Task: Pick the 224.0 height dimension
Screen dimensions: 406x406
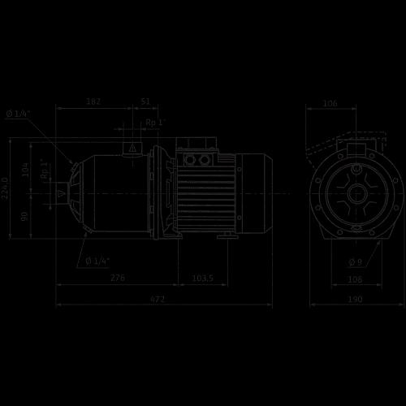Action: [x=6, y=191]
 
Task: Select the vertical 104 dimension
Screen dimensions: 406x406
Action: [x=25, y=169]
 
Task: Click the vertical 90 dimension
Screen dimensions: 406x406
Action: [x=25, y=216]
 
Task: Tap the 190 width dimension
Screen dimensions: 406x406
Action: [x=354, y=300]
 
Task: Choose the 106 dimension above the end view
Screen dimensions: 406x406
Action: [x=330, y=103]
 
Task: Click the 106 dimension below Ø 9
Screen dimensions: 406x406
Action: [x=354, y=279]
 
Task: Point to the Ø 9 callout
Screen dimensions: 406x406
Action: [x=355, y=261]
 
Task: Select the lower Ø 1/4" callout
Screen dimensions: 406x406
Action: [x=97, y=261]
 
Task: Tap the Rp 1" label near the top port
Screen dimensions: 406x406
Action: [x=155, y=123]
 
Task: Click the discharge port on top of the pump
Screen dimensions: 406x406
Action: [x=130, y=149]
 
